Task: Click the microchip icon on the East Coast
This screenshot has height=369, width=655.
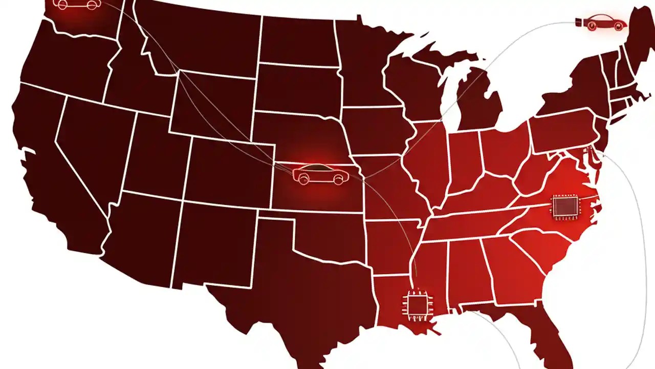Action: (564, 207)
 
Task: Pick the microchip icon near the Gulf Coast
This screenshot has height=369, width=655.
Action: (417, 305)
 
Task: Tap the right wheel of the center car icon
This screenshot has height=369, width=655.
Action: (337, 179)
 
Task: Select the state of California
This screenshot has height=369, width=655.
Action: (46, 169)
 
